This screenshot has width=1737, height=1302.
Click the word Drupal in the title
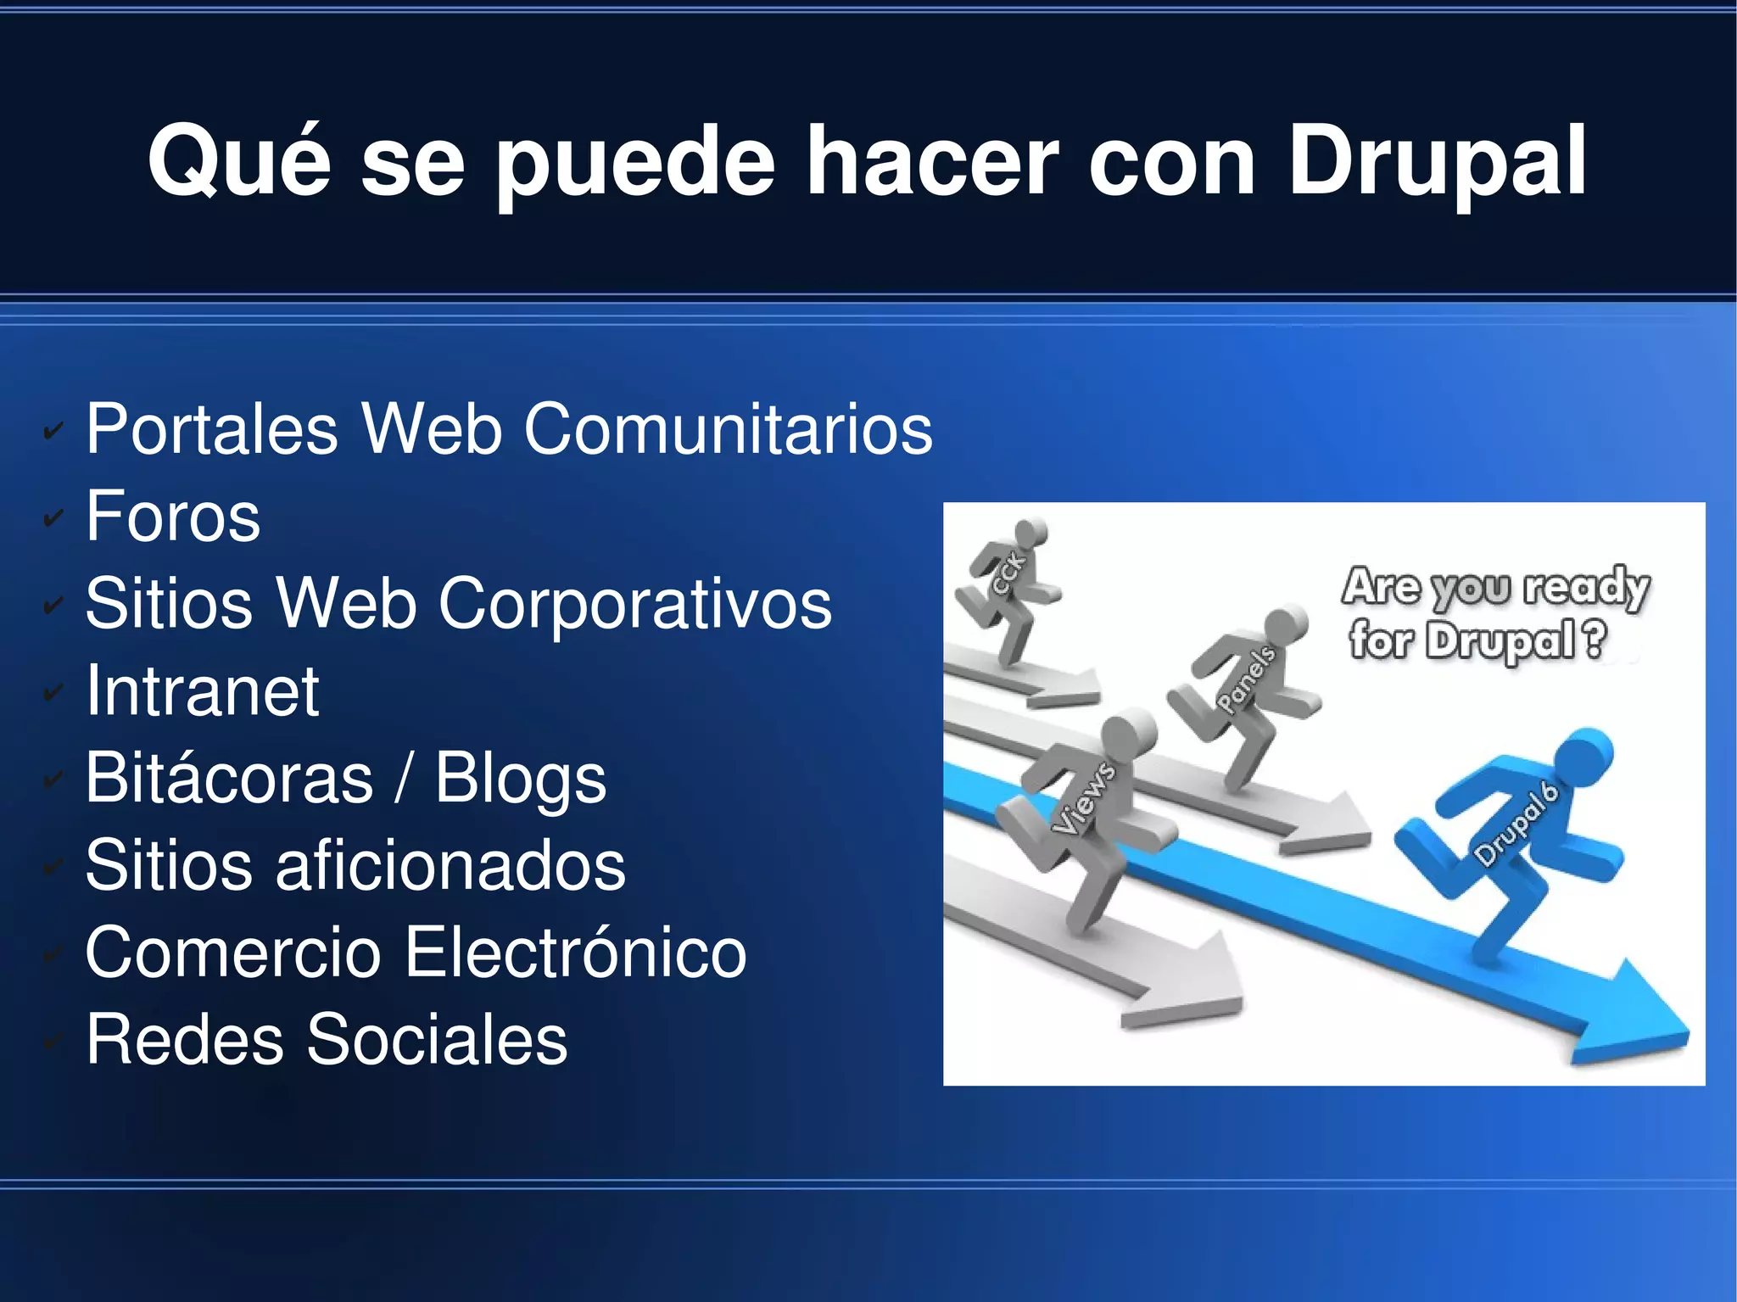click(1437, 161)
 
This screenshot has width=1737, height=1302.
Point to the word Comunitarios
click(728, 429)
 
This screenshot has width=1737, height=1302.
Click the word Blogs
click(521, 779)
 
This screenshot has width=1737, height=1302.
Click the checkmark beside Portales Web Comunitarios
click(53, 432)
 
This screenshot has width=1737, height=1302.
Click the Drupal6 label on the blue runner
click(1516, 823)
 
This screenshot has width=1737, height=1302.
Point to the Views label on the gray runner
click(1084, 797)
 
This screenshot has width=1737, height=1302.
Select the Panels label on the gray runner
click(1246, 678)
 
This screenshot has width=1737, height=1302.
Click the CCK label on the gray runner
click(1009, 573)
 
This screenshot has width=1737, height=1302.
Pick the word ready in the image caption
click(1585, 587)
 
